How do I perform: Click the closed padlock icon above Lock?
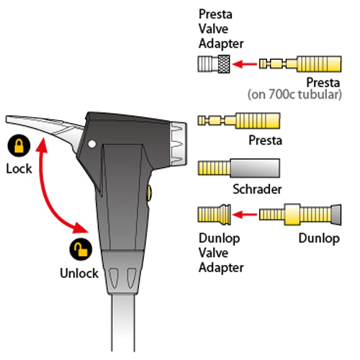(x=19, y=145)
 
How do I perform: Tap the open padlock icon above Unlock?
(x=81, y=249)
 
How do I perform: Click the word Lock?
(x=19, y=168)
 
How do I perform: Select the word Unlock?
(x=79, y=273)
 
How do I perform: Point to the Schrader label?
(x=257, y=189)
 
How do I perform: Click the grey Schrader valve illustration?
(x=239, y=168)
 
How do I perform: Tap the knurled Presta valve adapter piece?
(x=214, y=64)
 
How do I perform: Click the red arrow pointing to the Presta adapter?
(x=245, y=64)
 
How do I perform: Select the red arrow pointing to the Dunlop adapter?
(x=245, y=215)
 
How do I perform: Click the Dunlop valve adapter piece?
(x=215, y=215)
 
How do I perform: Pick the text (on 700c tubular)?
(x=294, y=94)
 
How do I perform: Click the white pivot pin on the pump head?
(x=92, y=144)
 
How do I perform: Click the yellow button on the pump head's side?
(x=149, y=193)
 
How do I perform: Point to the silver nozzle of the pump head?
(x=179, y=143)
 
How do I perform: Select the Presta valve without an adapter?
(x=239, y=120)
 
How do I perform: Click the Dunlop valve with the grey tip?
(x=300, y=215)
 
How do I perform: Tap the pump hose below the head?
(x=123, y=323)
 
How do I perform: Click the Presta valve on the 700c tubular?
(x=300, y=64)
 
